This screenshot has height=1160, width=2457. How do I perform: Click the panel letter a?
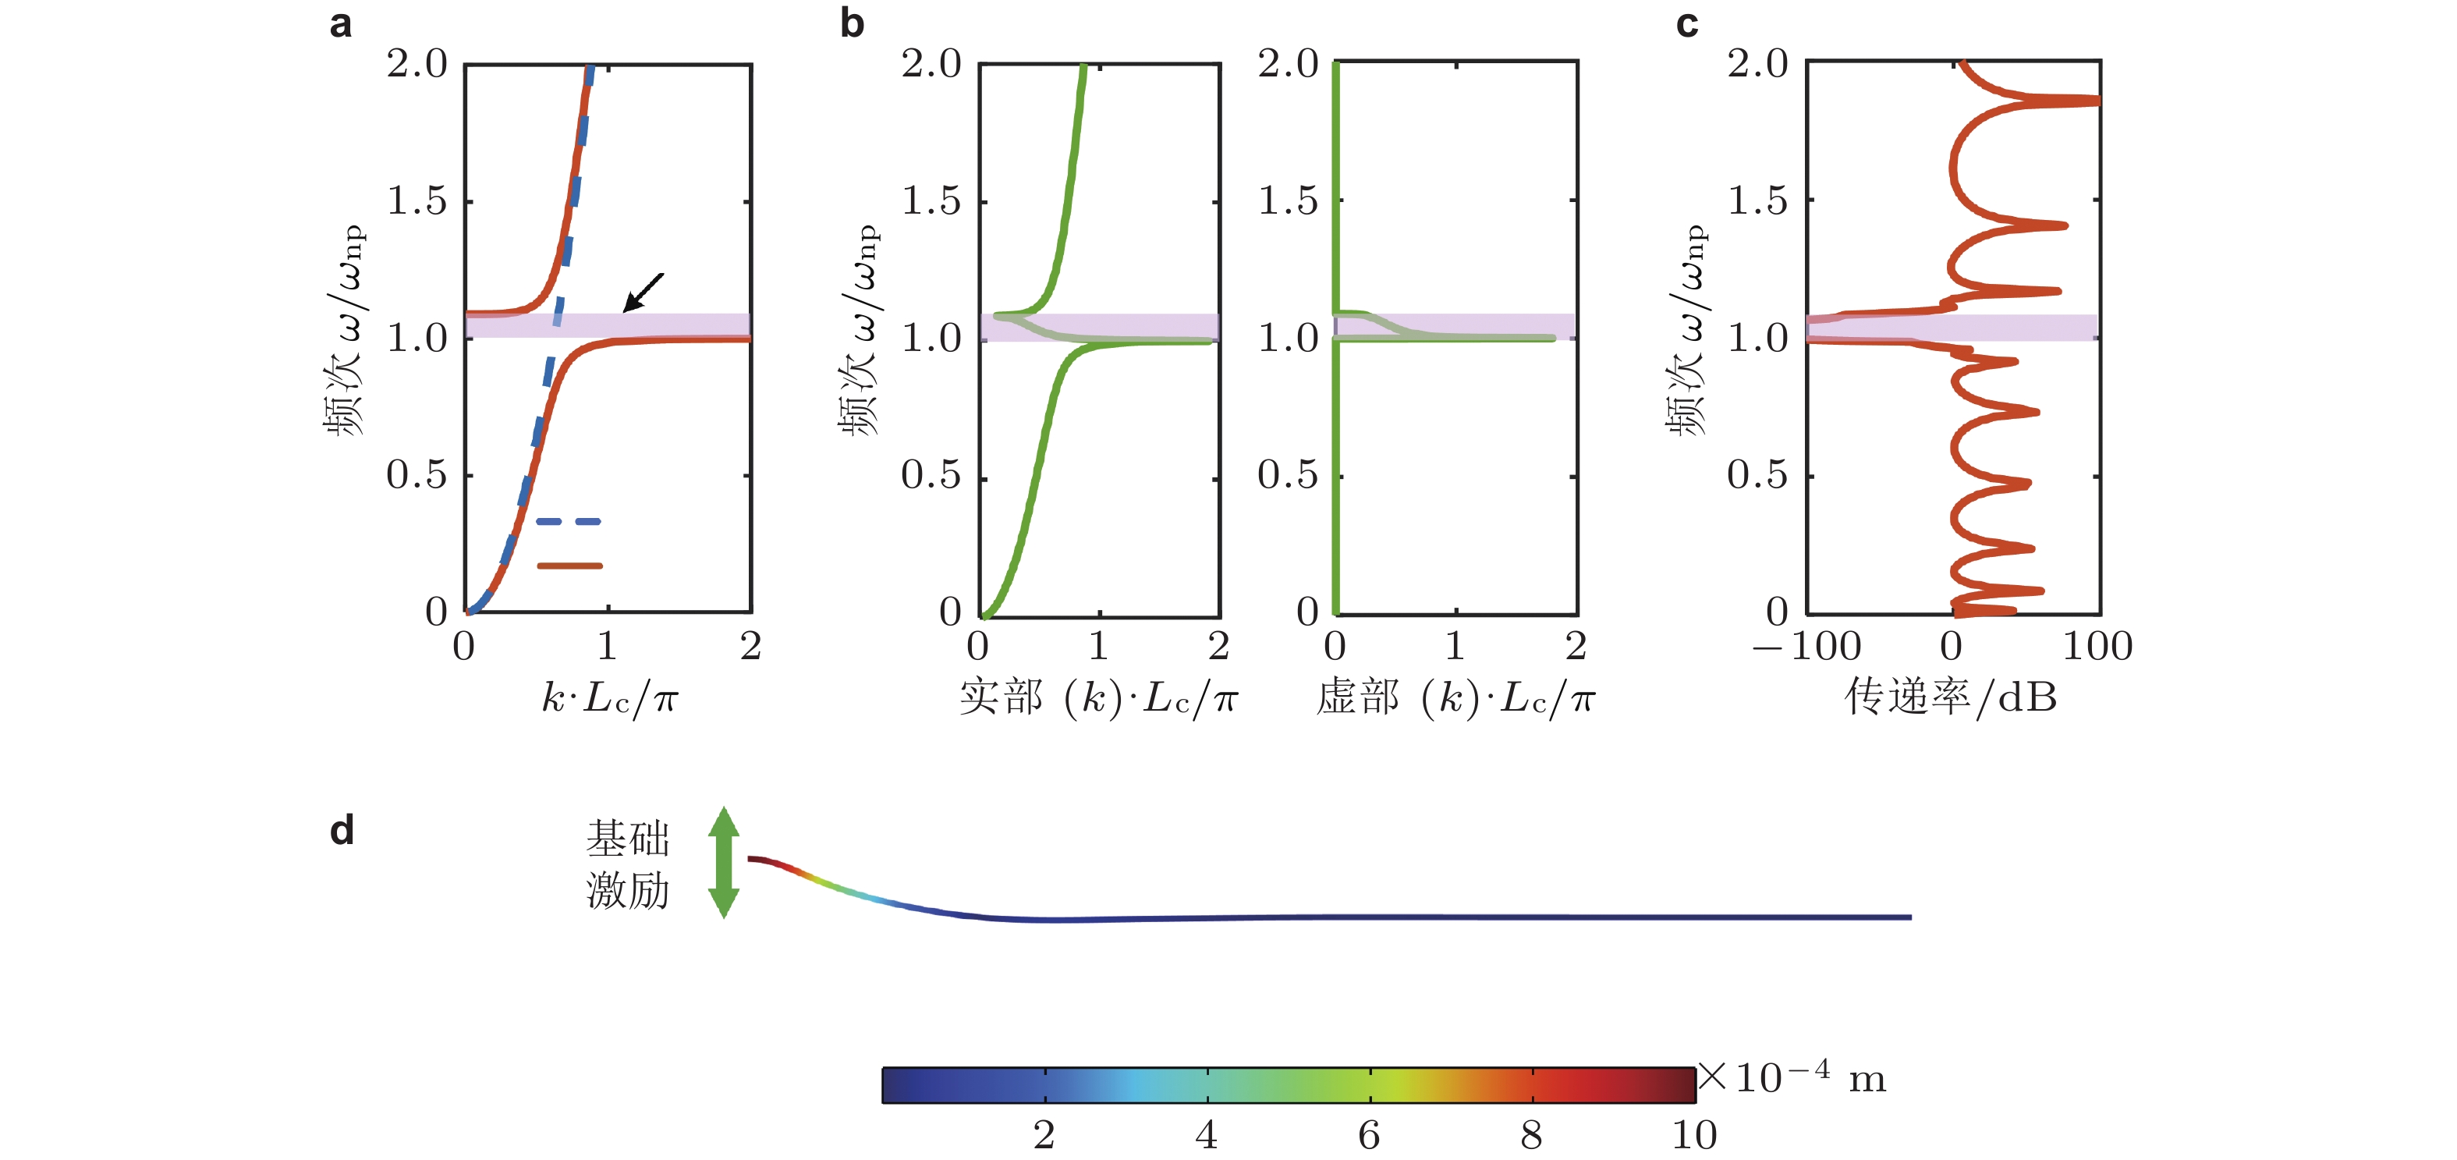coord(341,24)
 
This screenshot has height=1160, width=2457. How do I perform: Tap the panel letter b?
coord(852,24)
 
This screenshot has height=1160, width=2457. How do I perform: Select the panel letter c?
coord(1686,24)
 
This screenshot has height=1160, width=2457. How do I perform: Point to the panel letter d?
coord(342,831)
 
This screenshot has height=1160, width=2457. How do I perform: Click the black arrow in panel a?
coord(643,292)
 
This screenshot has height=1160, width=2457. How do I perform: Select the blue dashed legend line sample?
coord(569,522)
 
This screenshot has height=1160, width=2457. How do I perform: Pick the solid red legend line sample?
coord(569,566)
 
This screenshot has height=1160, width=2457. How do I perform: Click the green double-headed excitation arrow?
coord(724,862)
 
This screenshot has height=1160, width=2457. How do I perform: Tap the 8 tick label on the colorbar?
coord(1531,1135)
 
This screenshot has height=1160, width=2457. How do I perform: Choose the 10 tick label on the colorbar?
coord(1694,1135)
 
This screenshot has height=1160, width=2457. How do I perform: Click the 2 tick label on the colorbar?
coord(1044,1135)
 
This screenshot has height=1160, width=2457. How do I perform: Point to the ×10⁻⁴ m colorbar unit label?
coord(1793,1078)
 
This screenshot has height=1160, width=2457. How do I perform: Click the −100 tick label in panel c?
coord(1807,647)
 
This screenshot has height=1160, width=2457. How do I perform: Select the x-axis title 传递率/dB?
coord(1951,697)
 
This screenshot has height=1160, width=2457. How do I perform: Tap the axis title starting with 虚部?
coord(1455,698)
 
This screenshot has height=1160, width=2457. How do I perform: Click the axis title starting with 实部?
coord(1097,698)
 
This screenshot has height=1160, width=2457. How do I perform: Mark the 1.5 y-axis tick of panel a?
coord(417,201)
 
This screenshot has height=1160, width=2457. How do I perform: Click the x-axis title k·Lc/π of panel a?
coord(609,698)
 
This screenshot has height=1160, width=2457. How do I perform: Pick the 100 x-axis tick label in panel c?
coord(2097,647)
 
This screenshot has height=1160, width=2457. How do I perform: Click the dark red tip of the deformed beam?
coord(753,860)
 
